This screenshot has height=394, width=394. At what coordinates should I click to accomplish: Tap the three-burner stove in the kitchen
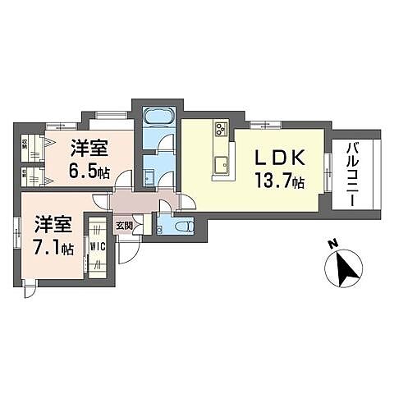(222, 129)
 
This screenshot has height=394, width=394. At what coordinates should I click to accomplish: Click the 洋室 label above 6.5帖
(89, 149)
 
